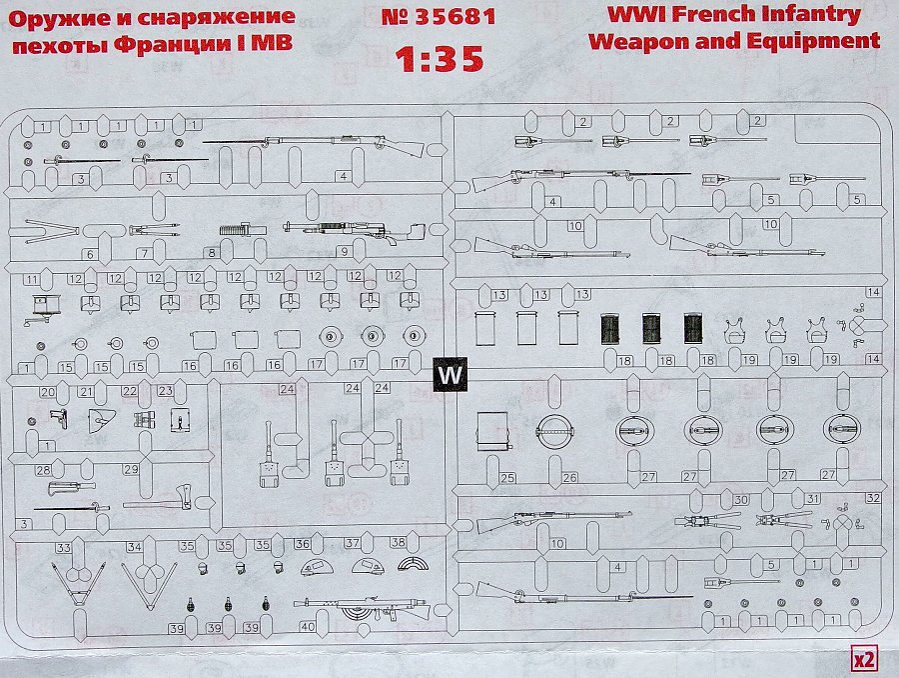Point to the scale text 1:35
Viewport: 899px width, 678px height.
(x=440, y=59)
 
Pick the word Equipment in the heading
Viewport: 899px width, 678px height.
(x=817, y=41)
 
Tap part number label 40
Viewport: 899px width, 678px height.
(x=307, y=627)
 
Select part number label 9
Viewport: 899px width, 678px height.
(x=342, y=252)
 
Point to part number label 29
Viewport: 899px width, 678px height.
(x=130, y=469)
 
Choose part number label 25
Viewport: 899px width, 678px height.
(x=507, y=478)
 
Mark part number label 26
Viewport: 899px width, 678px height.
(x=569, y=478)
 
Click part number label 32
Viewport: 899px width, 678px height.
(x=873, y=497)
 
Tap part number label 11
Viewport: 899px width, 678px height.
(x=33, y=278)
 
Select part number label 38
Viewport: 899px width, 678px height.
(x=398, y=543)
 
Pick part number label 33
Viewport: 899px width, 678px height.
(x=63, y=548)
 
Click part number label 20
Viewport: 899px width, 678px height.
(x=47, y=391)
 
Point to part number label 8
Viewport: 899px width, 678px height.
(x=212, y=254)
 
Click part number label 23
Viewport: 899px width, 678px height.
(x=165, y=391)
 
